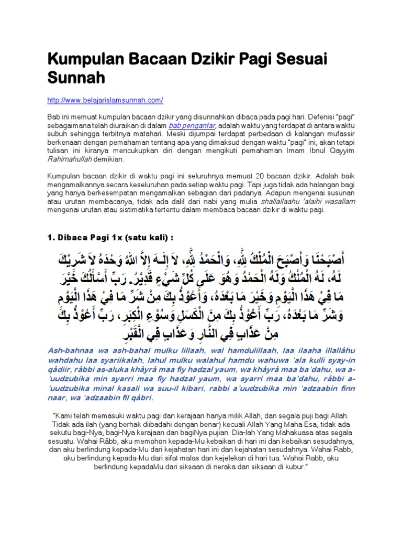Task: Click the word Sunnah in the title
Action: [x=77, y=78]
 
